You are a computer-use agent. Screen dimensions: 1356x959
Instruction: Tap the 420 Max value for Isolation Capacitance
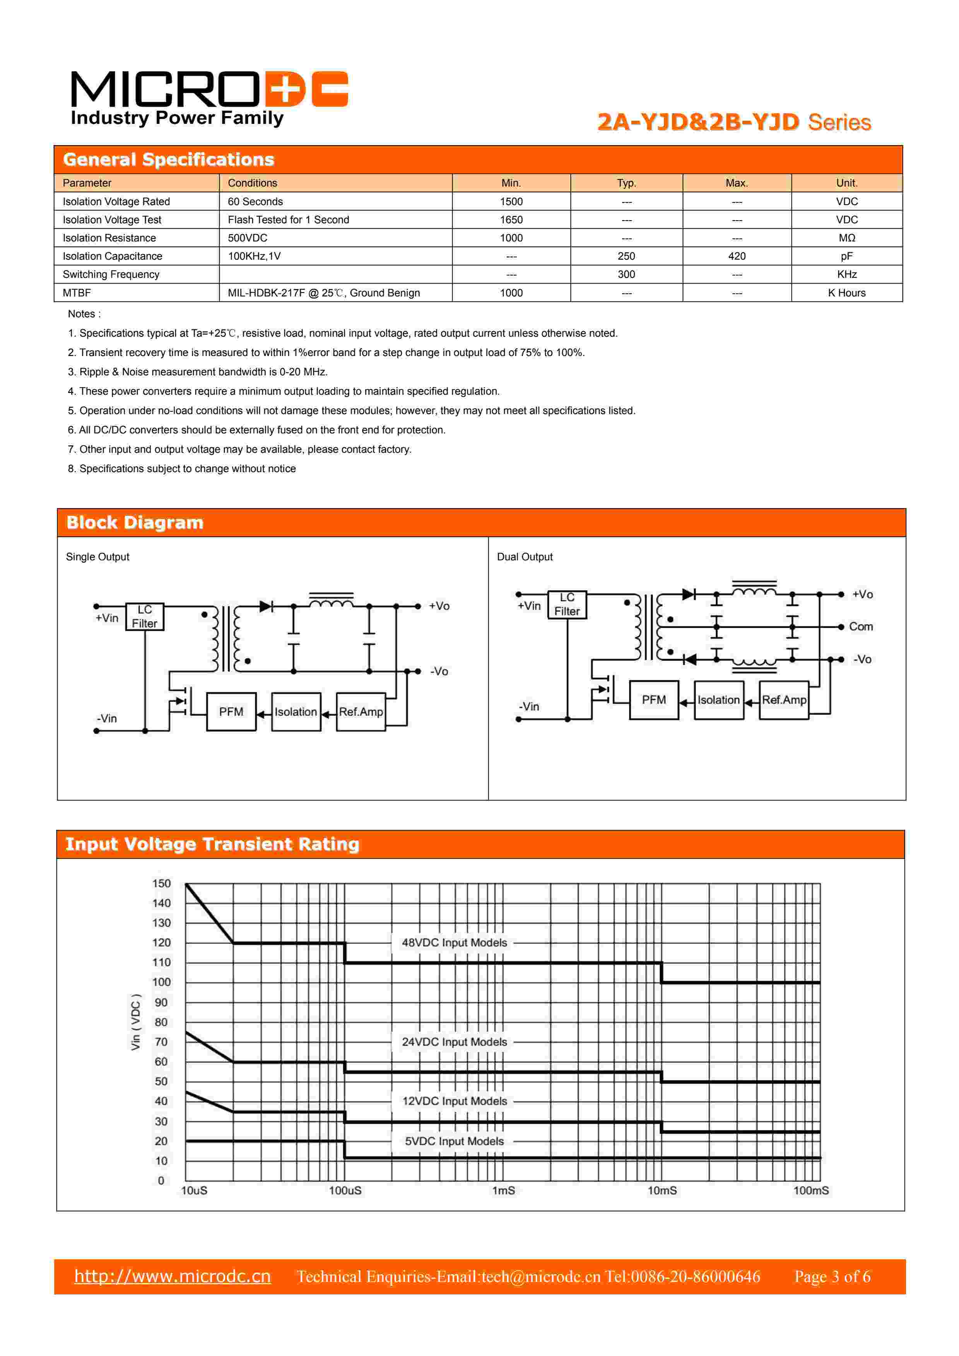[x=737, y=256]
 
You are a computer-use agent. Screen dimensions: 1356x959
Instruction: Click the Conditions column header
[x=252, y=183]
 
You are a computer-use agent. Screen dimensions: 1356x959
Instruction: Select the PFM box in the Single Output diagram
[x=231, y=712]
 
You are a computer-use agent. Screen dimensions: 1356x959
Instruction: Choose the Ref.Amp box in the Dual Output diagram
[x=784, y=700]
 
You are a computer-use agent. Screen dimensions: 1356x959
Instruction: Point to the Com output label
[x=860, y=627]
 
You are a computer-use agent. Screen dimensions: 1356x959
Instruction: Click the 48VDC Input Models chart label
[x=454, y=943]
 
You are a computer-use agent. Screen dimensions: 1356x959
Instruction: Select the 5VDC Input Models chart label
[x=454, y=1141]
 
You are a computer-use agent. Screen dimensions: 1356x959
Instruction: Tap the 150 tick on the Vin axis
[x=161, y=883]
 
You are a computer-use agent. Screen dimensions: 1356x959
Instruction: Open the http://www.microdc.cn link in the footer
[x=173, y=1276]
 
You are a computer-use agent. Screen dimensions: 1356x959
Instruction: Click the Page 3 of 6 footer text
[x=832, y=1277]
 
